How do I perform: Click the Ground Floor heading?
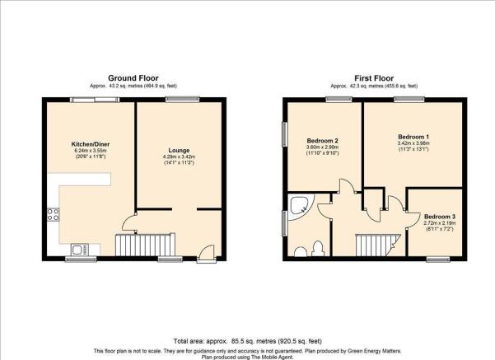(133, 78)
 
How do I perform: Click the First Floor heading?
(374, 78)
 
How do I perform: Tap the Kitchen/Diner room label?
(91, 144)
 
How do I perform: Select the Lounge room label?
(179, 151)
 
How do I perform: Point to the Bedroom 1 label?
(413, 137)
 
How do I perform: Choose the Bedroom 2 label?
(323, 141)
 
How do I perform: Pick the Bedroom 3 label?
(440, 217)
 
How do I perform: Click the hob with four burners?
(53, 214)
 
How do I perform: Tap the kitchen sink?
(80, 250)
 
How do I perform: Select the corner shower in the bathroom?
(300, 206)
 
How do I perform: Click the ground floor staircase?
(146, 245)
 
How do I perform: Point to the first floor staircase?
(377, 245)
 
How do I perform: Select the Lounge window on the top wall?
(183, 100)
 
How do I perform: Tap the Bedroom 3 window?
(438, 259)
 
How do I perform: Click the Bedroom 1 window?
(409, 100)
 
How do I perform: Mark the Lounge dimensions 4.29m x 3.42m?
(179, 157)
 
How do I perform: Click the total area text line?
(247, 341)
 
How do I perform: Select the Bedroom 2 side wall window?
(285, 134)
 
